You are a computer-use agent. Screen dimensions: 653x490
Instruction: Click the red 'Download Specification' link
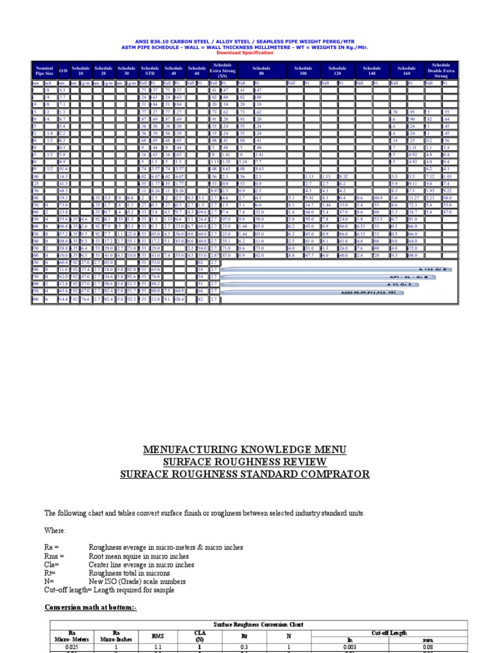(x=245, y=53)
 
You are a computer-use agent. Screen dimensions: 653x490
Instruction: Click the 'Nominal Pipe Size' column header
(x=44, y=70)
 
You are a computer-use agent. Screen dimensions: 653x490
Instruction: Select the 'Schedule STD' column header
(x=150, y=70)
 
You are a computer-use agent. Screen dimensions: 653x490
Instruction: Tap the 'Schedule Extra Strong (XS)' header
(x=223, y=70)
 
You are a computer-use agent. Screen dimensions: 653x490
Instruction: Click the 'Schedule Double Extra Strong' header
(x=441, y=70)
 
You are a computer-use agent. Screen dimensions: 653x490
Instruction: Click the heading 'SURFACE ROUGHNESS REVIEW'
(x=245, y=462)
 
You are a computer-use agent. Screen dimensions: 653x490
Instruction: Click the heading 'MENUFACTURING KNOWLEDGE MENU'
(x=245, y=450)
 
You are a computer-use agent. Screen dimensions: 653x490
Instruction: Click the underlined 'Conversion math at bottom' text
(x=90, y=608)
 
